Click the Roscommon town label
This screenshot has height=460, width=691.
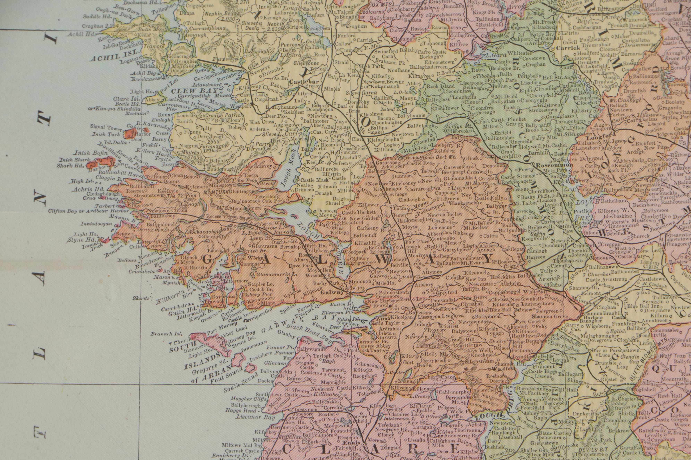[554, 165]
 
